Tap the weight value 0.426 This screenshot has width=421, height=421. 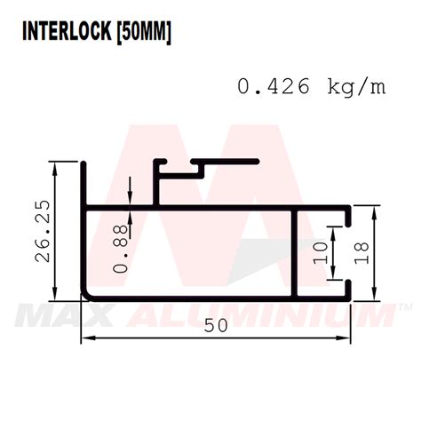coord(274,86)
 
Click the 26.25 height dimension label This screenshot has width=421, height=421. coord(42,231)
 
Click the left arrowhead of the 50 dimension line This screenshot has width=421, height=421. coord(86,338)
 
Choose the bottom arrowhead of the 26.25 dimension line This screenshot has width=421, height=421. coord(56,298)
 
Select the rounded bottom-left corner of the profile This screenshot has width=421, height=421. coord(90,297)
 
